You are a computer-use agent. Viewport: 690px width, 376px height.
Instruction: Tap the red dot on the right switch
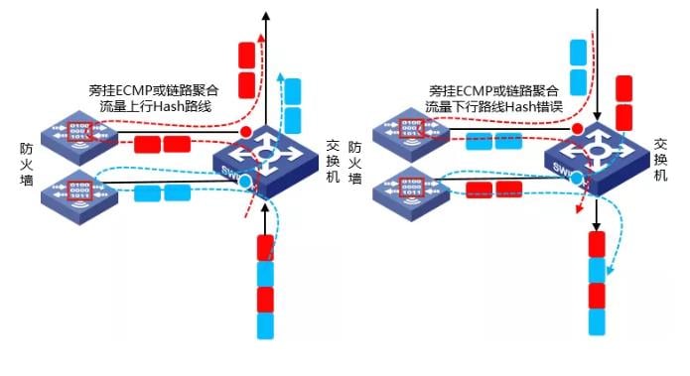[577, 131]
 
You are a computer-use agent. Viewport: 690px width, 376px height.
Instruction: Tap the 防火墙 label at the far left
[26, 165]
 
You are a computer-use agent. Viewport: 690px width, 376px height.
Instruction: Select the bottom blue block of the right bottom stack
[598, 323]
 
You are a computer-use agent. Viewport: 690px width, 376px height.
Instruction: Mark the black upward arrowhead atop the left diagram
[265, 13]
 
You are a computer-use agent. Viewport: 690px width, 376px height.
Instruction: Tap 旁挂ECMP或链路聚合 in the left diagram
[153, 88]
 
